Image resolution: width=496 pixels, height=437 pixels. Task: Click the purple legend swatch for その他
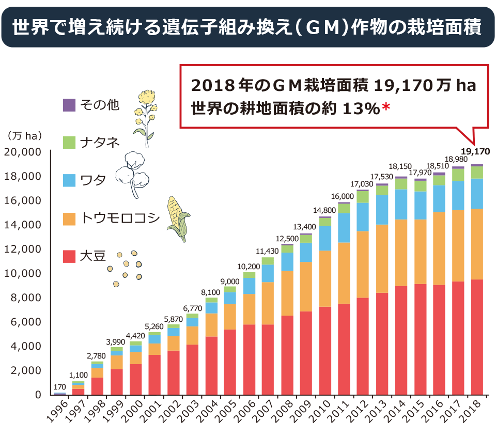tap(69, 105)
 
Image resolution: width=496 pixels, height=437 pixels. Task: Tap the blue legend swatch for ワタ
tap(69, 180)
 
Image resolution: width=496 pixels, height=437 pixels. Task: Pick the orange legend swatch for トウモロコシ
tap(69, 218)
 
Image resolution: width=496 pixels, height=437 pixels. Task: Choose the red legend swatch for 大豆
tap(69, 256)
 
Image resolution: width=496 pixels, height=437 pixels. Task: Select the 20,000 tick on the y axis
tap(23, 152)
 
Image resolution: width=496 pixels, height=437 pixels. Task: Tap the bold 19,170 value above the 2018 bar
tap(475, 151)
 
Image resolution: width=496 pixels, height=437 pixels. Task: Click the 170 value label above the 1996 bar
tap(60, 386)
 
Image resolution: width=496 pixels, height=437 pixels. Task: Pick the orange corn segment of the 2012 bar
tap(363, 264)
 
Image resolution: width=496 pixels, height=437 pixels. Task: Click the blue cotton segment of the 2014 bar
tap(401, 204)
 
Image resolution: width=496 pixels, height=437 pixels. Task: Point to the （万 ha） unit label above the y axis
tap(25, 136)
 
